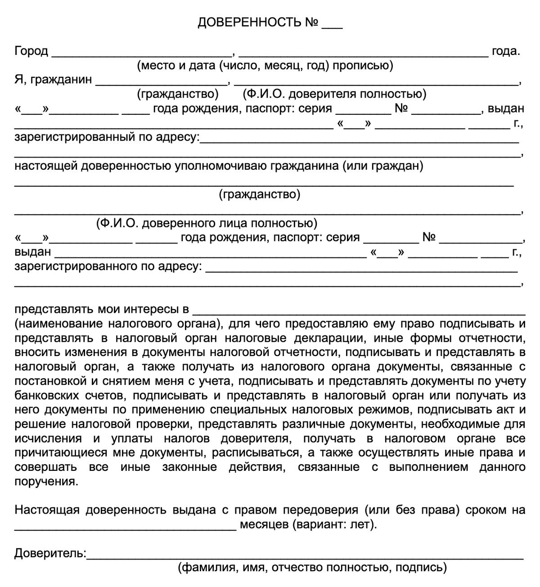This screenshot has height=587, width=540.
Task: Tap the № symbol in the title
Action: [312, 23]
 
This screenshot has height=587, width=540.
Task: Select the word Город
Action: [31, 51]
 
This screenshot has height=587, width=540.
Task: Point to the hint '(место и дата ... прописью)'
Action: [265, 66]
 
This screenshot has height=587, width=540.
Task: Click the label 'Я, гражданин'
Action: [53, 80]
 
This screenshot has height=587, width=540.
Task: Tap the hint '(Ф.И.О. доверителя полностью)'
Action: [334, 94]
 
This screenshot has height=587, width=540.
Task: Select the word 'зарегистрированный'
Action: [68, 137]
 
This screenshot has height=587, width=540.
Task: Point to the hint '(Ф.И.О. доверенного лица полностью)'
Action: [206, 223]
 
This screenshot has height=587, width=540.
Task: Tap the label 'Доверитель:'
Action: [50, 553]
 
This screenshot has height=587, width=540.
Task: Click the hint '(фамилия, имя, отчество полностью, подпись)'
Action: [312, 567]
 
